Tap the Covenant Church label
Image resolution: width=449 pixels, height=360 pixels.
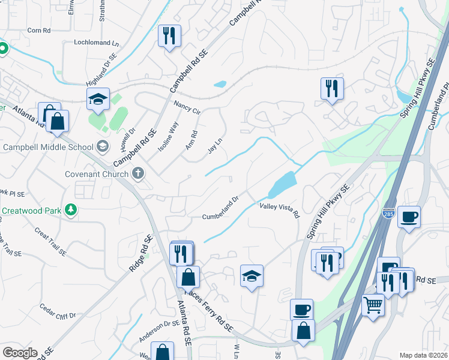tap(97, 175)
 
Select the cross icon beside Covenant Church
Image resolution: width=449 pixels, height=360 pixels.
tap(138, 174)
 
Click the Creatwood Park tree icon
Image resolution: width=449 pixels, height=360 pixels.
tap(71, 210)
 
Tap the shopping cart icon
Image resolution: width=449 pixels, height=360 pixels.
tap(373, 305)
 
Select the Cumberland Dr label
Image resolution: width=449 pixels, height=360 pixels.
tap(221, 208)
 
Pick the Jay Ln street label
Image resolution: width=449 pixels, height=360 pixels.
tap(215, 146)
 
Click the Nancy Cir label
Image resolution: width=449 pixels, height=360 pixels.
tap(187, 107)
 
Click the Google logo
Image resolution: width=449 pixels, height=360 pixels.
tap(19, 353)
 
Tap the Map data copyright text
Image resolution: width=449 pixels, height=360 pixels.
tap(423, 355)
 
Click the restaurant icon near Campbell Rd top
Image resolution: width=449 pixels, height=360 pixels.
tap(169, 36)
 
